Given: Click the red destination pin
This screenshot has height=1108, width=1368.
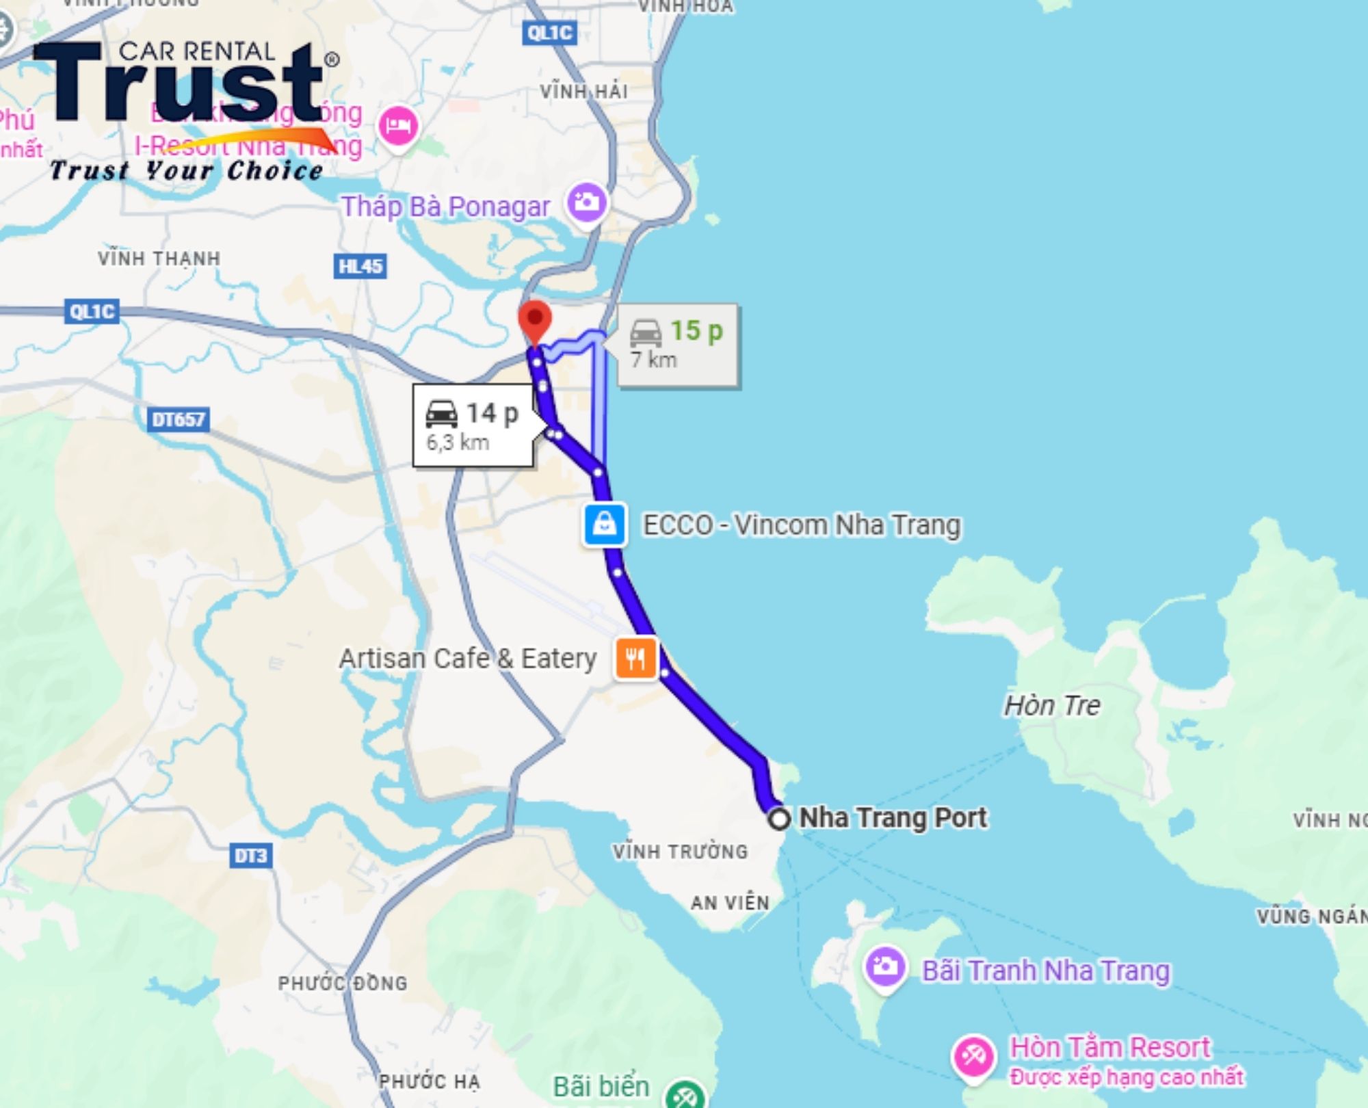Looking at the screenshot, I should (x=535, y=320).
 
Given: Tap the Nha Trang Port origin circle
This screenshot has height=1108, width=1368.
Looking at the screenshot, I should (x=779, y=819).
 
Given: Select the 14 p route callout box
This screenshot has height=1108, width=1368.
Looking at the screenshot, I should (x=473, y=425).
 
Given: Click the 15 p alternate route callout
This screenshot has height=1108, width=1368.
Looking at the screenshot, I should (x=677, y=345).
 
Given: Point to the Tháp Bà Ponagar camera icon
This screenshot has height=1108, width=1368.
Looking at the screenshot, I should (x=587, y=202).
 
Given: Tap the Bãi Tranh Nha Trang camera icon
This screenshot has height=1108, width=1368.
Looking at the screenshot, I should (x=885, y=967).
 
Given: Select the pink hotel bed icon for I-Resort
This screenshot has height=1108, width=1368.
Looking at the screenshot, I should (x=398, y=126).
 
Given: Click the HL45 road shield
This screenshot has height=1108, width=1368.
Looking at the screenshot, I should (x=360, y=266).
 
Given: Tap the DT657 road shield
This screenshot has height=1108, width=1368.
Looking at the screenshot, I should (x=178, y=419).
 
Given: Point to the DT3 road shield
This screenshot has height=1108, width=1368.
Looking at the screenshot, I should (x=250, y=856).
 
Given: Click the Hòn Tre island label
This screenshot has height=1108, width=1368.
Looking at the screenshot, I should (x=1052, y=705).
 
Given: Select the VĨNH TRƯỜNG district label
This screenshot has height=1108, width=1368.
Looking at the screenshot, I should (x=680, y=852).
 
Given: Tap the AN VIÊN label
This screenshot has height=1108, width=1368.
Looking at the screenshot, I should (x=730, y=903).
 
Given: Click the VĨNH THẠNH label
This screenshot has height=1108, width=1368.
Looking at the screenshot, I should (x=159, y=259).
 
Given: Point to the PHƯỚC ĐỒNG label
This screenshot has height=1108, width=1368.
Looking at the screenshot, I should (x=342, y=983).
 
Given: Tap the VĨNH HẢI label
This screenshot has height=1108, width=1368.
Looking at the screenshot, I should (x=583, y=91).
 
